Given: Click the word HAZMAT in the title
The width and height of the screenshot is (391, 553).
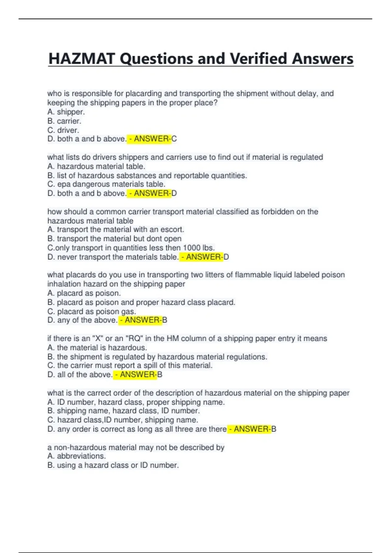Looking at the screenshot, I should (82, 59).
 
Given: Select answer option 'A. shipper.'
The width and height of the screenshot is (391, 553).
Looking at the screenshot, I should (66, 112).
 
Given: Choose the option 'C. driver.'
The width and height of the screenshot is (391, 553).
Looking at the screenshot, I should (63, 130).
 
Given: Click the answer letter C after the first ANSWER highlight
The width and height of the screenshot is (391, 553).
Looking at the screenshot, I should (174, 139).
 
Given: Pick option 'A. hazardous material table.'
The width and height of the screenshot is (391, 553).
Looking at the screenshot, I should (96, 166).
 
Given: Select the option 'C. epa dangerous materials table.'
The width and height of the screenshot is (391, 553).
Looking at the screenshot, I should (106, 184).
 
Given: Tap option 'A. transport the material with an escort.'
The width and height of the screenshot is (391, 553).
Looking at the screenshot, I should (116, 230).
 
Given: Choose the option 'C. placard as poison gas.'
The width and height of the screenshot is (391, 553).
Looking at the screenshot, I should (92, 311).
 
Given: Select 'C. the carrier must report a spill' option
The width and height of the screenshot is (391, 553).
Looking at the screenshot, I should (130, 366).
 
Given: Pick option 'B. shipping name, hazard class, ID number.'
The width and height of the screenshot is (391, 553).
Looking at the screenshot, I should (123, 411).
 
